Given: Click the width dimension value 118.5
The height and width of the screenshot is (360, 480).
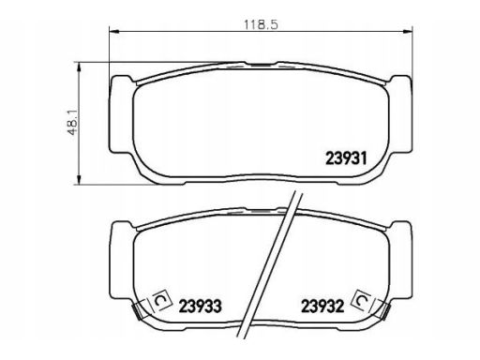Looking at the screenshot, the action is tap(261, 24).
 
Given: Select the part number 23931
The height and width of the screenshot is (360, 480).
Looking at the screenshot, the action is tap(346, 158).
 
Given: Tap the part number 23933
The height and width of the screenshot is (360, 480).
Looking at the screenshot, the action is tap(200, 307).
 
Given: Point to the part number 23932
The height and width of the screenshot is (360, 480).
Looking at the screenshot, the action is tap(322, 307).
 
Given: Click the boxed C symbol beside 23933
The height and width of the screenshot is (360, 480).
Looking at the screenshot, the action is tap(161, 300).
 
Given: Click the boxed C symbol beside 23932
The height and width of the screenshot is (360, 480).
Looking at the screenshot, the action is tap(362, 301).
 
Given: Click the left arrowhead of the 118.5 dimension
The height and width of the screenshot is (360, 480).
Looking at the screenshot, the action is tap(114, 31).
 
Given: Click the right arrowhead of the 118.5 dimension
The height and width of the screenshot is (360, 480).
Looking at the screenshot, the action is tap(408, 31).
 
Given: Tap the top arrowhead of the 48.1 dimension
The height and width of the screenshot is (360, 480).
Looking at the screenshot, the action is tap(79, 67).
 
